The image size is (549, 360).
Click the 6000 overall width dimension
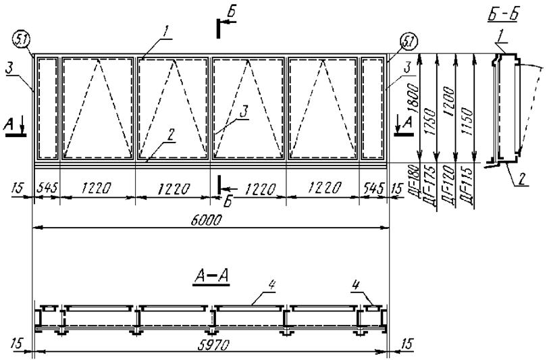point(207,220)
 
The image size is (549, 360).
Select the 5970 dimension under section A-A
point(213,345)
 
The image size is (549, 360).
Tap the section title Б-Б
point(503,15)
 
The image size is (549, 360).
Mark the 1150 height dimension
point(467,122)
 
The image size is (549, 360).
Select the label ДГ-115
point(467,185)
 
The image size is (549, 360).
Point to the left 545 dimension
point(47,188)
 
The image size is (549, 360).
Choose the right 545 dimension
point(374,188)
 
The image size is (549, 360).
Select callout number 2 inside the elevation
point(172,135)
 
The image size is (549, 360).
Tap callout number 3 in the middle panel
point(244,112)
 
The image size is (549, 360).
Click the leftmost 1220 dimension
point(97,188)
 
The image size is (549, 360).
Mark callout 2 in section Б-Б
point(522,179)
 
